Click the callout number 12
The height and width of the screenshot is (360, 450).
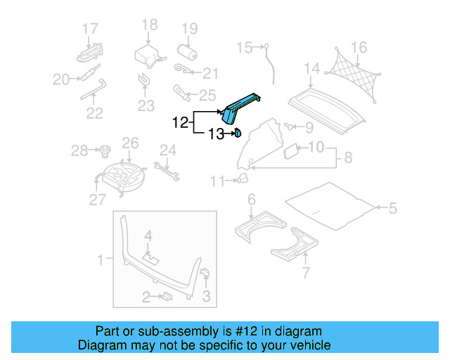click(x=180, y=122)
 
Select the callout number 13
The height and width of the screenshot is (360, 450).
click(x=214, y=134)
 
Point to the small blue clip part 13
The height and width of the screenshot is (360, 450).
click(x=238, y=131)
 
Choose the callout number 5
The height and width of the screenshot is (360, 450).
click(x=392, y=207)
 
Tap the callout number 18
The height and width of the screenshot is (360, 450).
click(x=150, y=25)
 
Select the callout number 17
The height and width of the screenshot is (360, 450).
click(x=90, y=29)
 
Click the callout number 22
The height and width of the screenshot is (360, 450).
click(x=94, y=112)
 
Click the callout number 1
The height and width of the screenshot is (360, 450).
click(x=101, y=260)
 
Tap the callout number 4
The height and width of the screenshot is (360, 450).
click(x=148, y=234)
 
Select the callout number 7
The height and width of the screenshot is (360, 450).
click(x=305, y=272)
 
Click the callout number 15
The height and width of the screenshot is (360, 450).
click(x=243, y=48)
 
